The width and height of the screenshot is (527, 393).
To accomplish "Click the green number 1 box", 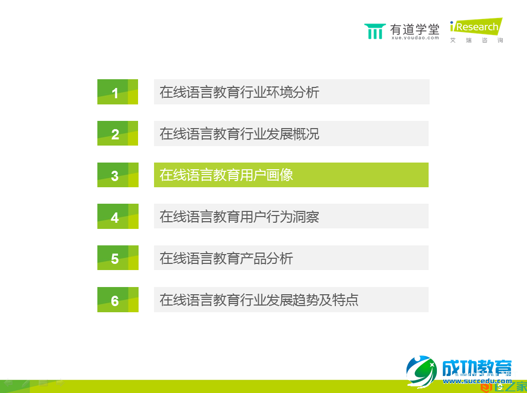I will pyautogui.click(x=117, y=92).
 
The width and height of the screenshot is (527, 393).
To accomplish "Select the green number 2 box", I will pyautogui.click(x=117, y=134).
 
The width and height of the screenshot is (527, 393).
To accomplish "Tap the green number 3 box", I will pyautogui.click(x=117, y=175).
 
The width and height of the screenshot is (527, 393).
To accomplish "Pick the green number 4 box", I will pyautogui.click(x=117, y=217).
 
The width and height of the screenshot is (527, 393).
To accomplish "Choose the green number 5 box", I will pyautogui.click(x=117, y=258).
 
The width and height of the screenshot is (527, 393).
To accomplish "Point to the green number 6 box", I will pyautogui.click(x=117, y=300).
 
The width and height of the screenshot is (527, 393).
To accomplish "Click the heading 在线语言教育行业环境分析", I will pyautogui.click(x=240, y=92).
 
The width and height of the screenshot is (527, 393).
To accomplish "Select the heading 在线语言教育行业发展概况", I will pyautogui.click(x=240, y=134).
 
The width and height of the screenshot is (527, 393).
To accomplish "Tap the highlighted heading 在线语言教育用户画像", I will pyautogui.click(x=227, y=175).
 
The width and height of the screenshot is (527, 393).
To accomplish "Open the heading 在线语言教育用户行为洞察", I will pyautogui.click(x=240, y=217).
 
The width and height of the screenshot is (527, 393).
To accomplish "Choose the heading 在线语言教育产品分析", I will pyautogui.click(x=227, y=258).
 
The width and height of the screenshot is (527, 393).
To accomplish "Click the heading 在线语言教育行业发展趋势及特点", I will pyautogui.click(x=259, y=300).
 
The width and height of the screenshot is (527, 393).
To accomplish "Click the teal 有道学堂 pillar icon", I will pyautogui.click(x=375, y=31).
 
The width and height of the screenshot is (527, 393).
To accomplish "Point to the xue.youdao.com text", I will pyautogui.click(x=415, y=38).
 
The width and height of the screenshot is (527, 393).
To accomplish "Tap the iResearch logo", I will pyautogui.click(x=475, y=27).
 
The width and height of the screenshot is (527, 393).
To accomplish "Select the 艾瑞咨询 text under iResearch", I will pyautogui.click(x=477, y=40).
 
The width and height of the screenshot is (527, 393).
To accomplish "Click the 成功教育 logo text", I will pyautogui.click(x=477, y=368).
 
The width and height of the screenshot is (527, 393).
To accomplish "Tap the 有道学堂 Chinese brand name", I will pyautogui.click(x=415, y=29).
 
